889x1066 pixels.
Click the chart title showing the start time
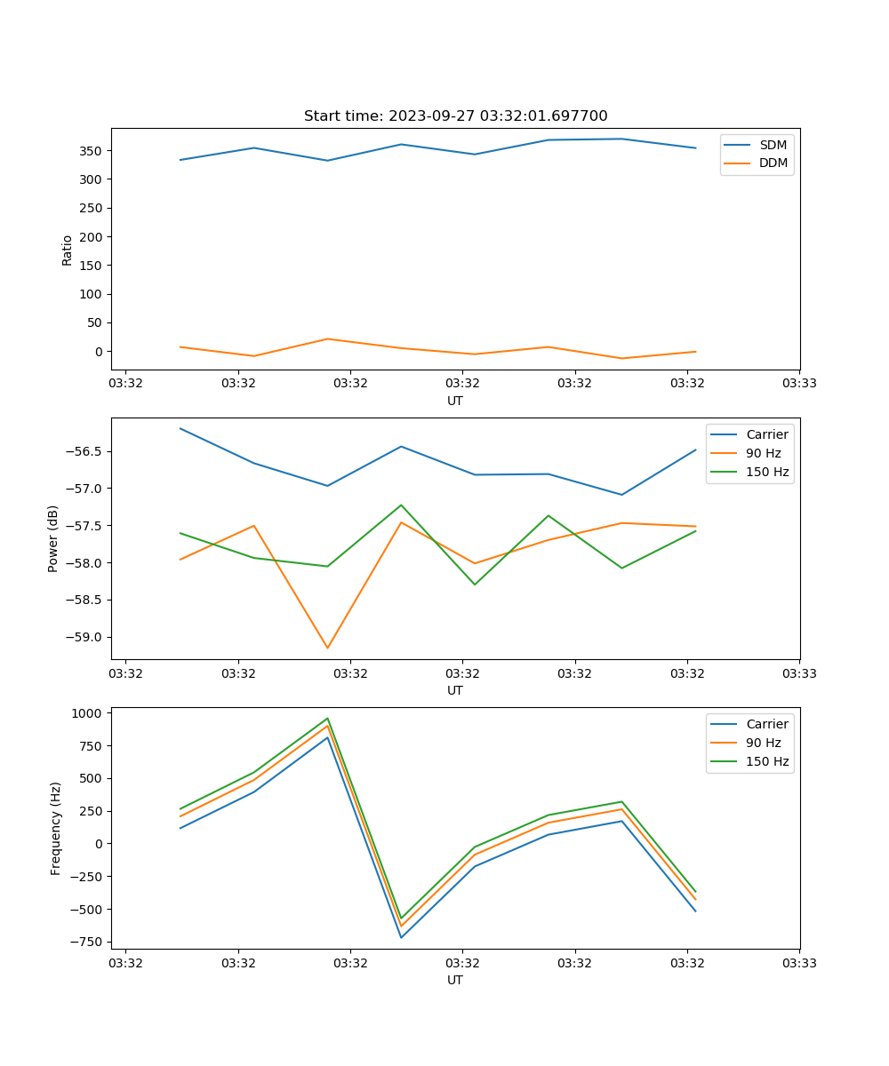point(455,116)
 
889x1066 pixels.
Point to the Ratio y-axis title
point(67,250)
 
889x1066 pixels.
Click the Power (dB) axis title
point(53,538)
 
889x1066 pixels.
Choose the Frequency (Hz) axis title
point(55,828)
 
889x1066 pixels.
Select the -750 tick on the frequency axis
point(91,942)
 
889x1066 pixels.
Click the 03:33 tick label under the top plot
point(799,384)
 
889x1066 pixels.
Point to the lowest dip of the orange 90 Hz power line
point(327,648)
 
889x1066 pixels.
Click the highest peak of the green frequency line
point(327,719)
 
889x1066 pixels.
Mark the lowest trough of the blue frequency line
point(401,937)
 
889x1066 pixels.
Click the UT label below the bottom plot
point(455,980)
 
